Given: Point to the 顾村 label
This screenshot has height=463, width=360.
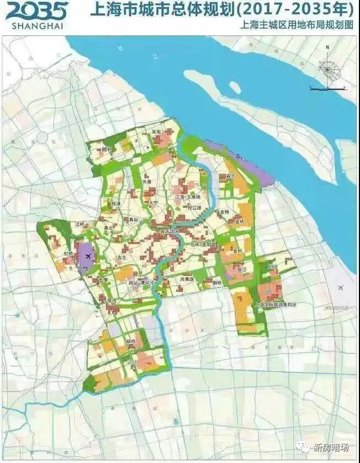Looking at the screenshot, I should coord(107,149).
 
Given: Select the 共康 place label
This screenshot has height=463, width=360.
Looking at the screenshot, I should coord(146,181).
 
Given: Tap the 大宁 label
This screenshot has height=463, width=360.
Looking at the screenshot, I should coord(153,203).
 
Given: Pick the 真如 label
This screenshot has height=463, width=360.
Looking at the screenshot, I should coord(134,220).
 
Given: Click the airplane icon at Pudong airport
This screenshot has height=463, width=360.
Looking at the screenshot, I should coord(342,288).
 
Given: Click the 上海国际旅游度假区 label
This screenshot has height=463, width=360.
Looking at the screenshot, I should coord(276,304).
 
